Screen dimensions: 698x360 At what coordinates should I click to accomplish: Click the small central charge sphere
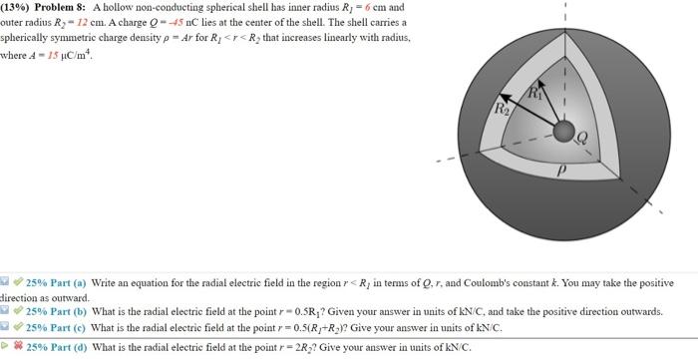pos(563,133)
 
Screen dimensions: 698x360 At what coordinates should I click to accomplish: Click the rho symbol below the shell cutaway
pos(560,171)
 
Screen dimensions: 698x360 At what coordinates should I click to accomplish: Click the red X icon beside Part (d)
pos(17,347)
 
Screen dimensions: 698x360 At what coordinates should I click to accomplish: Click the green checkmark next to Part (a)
pos(18,283)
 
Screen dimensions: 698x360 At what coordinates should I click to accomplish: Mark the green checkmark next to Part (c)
pos(18,326)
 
